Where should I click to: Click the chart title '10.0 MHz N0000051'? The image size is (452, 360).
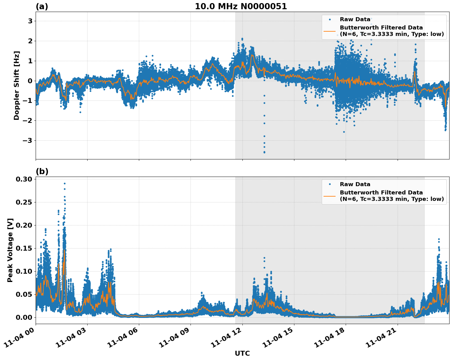(241, 6)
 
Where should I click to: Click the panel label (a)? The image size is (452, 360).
(42, 6)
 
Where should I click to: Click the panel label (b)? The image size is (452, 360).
(42, 171)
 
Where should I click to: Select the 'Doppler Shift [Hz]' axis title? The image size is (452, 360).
(17, 85)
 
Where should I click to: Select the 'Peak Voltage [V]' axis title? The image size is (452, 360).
(10, 250)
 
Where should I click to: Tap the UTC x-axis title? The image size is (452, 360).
(242, 353)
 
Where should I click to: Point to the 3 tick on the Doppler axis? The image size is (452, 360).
(30, 21)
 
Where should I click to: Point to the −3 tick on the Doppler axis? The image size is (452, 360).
(28, 141)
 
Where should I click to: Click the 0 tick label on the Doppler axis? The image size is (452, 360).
(30, 81)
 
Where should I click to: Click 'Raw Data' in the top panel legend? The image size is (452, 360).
(355, 20)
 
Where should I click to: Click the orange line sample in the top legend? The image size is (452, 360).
(330, 31)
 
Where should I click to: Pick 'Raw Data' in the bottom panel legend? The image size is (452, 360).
(355, 184)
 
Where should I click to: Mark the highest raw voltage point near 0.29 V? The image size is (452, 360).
(65, 183)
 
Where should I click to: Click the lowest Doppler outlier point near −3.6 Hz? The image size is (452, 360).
(264, 152)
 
